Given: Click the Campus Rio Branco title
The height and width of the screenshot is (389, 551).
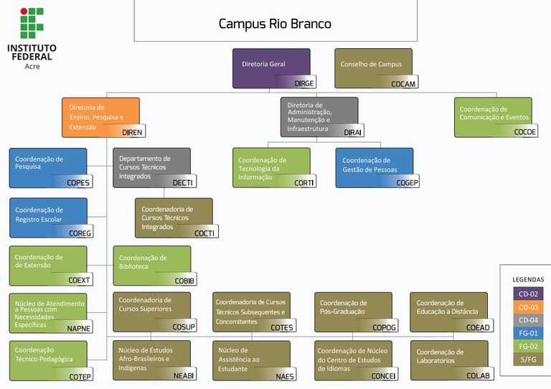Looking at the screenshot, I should (x=275, y=24).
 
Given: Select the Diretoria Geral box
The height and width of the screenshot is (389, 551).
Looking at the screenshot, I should (x=271, y=67).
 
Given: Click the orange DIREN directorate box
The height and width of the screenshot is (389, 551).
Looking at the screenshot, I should (x=100, y=116).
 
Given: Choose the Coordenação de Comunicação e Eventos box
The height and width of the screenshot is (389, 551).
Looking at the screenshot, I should (x=493, y=116).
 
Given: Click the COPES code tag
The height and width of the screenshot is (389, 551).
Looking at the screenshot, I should (x=78, y=183).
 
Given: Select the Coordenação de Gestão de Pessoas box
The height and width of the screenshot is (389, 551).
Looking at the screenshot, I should (x=374, y=167).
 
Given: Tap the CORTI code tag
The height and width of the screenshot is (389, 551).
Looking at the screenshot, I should (x=303, y=183).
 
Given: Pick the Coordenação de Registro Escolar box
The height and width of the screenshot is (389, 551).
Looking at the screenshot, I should (x=48, y=216).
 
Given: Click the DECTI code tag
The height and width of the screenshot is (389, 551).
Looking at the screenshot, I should (x=182, y=183).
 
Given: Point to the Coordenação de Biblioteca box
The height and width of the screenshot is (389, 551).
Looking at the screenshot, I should (x=151, y=265).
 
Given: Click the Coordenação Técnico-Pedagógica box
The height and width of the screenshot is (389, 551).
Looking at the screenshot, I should (x=48, y=360).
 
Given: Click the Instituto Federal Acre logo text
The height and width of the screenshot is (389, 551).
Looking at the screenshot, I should (x=32, y=56).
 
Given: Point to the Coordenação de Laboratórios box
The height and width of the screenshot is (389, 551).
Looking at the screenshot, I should (x=449, y=360).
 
